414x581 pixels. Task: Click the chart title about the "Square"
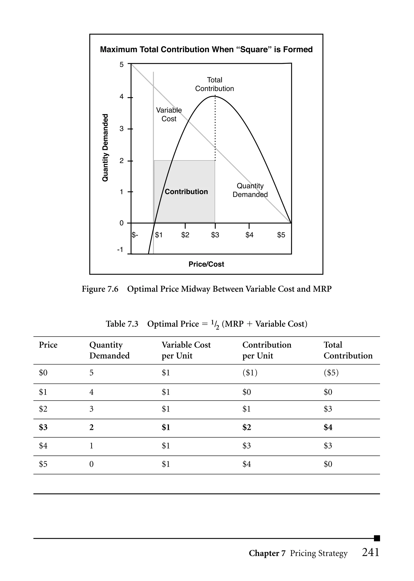pos(206,49)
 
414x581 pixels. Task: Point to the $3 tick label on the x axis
pos(215,235)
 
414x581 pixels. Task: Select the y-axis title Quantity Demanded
pos(105,147)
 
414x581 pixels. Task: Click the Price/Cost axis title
pos(206,264)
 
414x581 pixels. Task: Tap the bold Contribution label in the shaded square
pos(186,192)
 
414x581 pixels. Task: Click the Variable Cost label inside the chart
pos(169,114)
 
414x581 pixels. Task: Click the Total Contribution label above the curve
pos(214,84)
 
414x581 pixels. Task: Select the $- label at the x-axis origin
pos(135,235)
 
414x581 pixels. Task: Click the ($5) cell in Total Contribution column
pos(331,373)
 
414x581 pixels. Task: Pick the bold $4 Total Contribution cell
pos(328,427)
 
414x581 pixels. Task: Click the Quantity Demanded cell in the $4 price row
pos(91,446)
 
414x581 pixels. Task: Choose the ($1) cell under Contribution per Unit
pos(250,373)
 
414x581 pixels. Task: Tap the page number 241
pos(370,552)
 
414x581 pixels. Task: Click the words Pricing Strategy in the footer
pos(319,553)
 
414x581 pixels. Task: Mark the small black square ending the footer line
pos(377,538)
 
